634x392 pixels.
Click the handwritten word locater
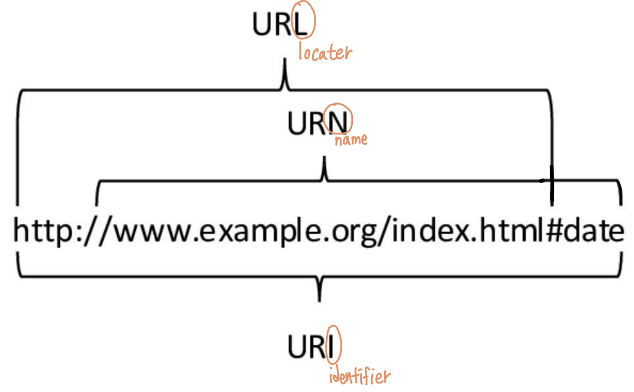pyautogui.click(x=325, y=52)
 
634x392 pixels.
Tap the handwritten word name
pyautogui.click(x=350, y=139)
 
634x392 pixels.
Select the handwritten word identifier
pyautogui.click(x=359, y=377)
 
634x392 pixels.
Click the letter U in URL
pyautogui.click(x=263, y=24)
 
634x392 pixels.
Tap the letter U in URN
pyautogui.click(x=297, y=123)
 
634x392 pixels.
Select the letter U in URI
pyautogui.click(x=298, y=347)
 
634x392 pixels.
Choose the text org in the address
pyautogui.click(x=347, y=234)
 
